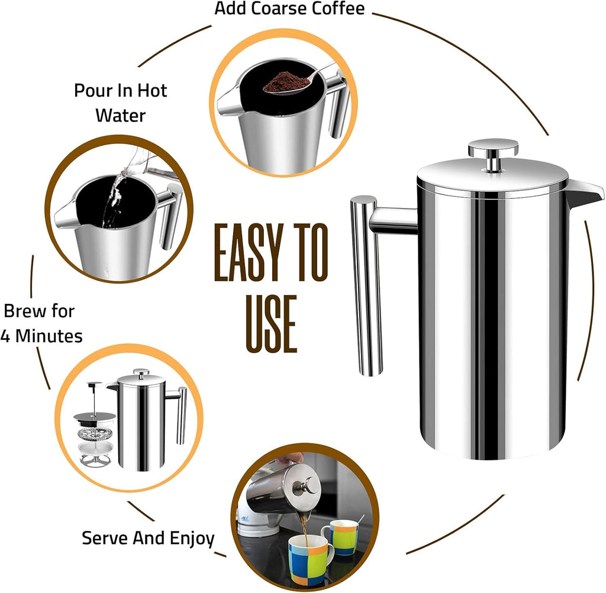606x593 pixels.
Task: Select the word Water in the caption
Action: [x=120, y=115]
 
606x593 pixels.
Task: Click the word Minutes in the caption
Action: [x=49, y=336]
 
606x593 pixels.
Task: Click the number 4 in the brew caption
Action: [x=7, y=336]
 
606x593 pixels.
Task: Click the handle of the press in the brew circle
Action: [x=181, y=415]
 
